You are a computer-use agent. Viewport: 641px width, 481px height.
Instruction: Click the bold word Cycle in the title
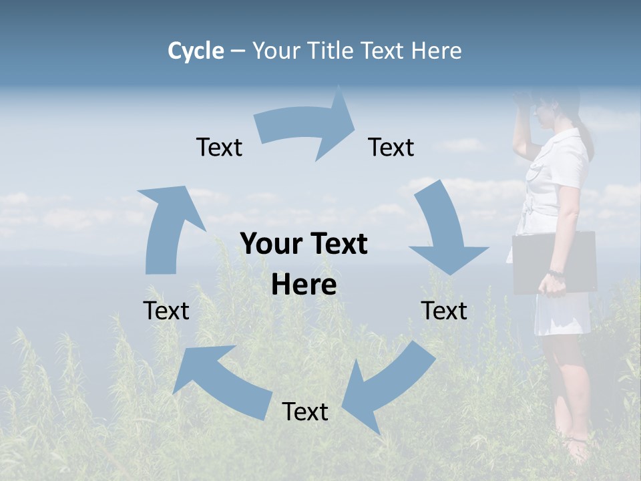click(x=196, y=51)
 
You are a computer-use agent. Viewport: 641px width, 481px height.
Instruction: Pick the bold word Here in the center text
click(x=304, y=285)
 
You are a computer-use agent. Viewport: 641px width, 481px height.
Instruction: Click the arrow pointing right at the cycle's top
click(x=307, y=127)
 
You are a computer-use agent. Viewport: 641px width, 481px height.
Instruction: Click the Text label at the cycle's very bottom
click(x=305, y=412)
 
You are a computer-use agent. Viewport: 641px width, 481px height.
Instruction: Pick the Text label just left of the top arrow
click(x=219, y=147)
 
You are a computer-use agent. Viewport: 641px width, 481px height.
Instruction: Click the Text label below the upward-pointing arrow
click(x=166, y=311)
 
